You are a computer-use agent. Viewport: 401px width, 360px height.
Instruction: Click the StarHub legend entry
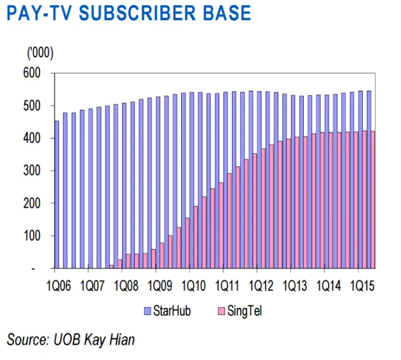[167, 311]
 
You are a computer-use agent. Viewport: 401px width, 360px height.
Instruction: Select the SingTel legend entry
[241, 311]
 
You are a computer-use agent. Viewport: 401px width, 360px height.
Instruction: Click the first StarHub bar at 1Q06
[57, 194]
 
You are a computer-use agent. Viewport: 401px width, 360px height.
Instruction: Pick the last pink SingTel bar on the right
[372, 200]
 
